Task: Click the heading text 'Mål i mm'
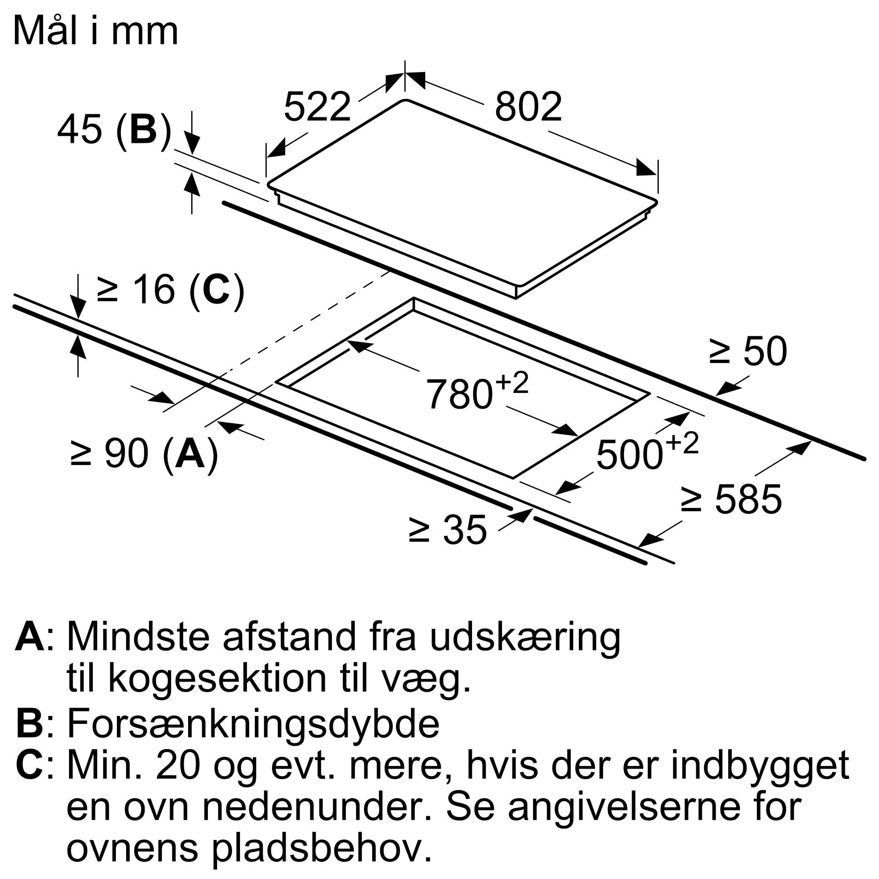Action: [95, 31]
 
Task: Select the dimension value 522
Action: [317, 107]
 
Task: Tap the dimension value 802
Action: [528, 107]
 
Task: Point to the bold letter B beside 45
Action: [143, 130]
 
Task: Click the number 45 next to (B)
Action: [79, 130]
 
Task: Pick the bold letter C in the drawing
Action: [216, 289]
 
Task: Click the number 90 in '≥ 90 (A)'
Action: [127, 454]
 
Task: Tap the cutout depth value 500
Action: [630, 454]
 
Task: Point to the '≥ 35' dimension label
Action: [448, 530]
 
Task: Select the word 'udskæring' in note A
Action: [525, 638]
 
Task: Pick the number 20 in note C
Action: [178, 765]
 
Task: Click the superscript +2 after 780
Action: [512, 383]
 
